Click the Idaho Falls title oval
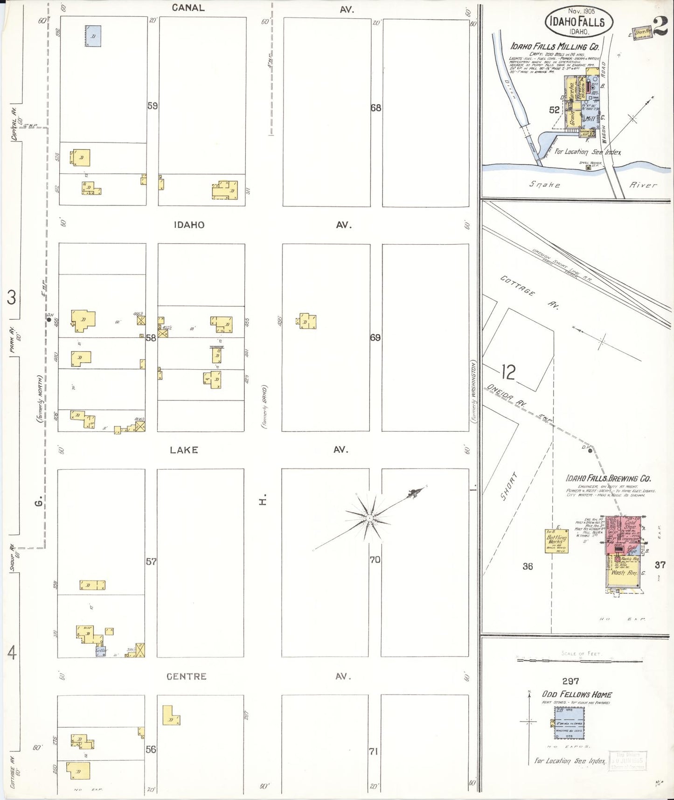coord(578,21)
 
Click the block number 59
coord(153,106)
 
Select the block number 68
coord(376,108)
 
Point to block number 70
coord(375,560)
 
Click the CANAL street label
coord(188,7)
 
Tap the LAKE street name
coord(184,450)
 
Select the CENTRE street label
coord(186,676)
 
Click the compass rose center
coord(369,518)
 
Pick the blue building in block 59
coord(93,36)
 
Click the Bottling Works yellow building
coord(557,541)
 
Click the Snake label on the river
coord(544,185)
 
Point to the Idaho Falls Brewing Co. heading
coord(608,478)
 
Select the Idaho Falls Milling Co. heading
coord(555,47)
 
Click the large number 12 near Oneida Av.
coord(508,372)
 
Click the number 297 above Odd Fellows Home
coord(570,681)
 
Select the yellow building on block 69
coord(308,321)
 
